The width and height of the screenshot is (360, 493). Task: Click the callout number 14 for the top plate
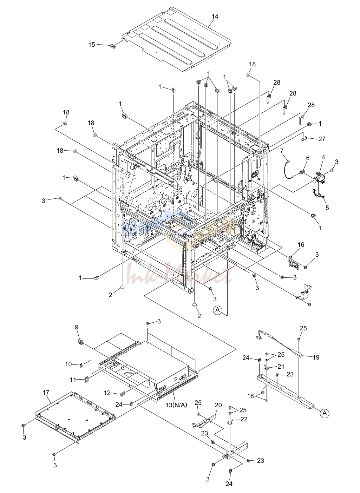(x=215, y=17)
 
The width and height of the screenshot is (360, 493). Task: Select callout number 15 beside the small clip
(x=92, y=45)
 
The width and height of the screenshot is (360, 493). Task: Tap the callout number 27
(x=322, y=139)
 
